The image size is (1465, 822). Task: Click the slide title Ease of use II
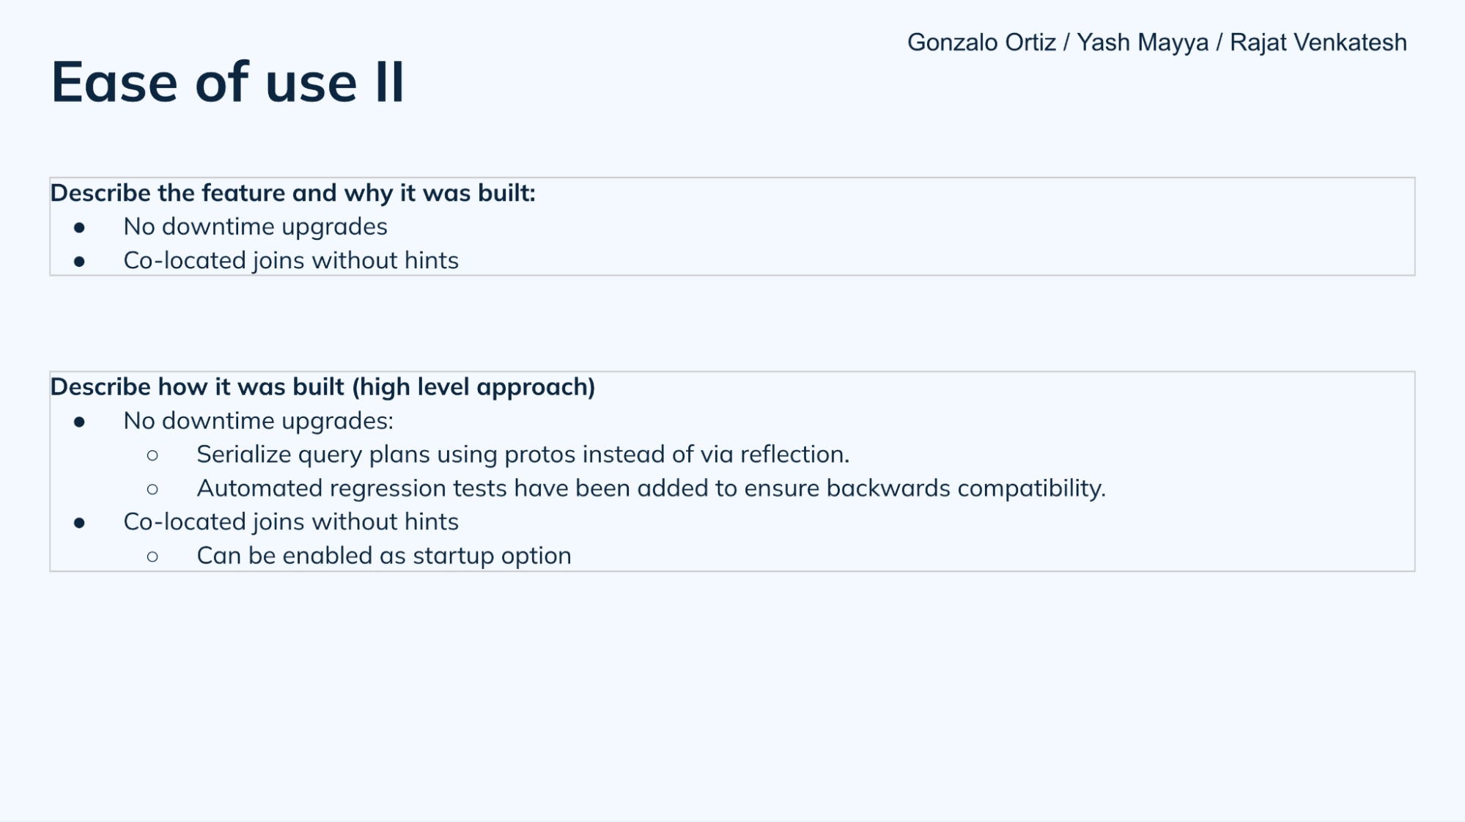point(227,82)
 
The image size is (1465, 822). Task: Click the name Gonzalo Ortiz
point(981,43)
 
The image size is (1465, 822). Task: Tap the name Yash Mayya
point(1143,43)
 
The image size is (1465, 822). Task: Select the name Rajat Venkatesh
point(1318,43)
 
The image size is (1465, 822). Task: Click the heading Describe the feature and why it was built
point(292,193)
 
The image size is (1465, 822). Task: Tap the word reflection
point(794,455)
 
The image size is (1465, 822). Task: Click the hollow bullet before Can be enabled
point(152,557)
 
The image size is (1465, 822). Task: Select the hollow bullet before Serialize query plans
point(152,455)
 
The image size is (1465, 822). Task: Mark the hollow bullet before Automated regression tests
point(152,489)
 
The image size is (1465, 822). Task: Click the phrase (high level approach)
point(473,387)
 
